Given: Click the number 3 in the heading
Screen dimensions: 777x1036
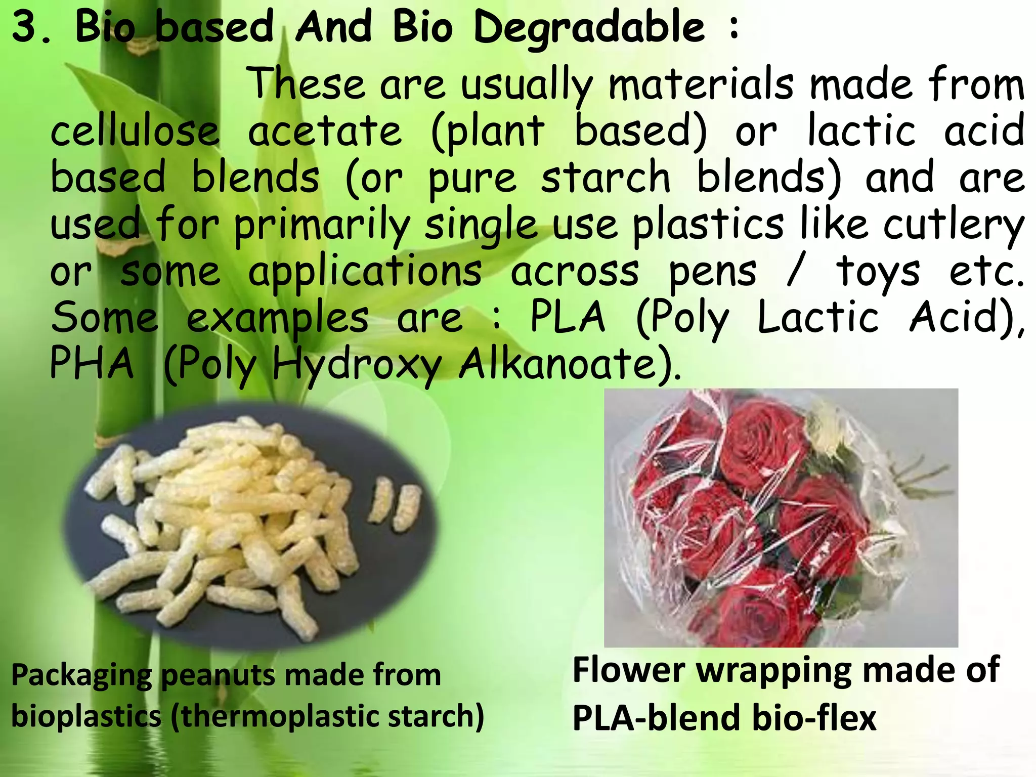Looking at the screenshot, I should (x=25, y=27).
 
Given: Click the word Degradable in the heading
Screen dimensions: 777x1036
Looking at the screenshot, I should (x=589, y=28).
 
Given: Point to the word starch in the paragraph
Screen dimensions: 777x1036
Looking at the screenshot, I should (x=606, y=177).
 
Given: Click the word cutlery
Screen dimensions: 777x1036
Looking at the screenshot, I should (x=954, y=225).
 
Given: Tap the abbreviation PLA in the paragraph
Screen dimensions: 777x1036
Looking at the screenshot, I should (x=567, y=317).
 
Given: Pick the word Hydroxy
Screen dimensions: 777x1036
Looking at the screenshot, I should (x=357, y=364).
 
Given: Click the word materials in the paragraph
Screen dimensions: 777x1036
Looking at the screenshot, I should (x=701, y=84).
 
